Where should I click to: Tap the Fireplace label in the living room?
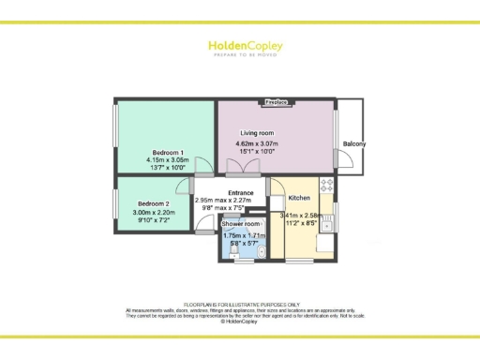tap(277, 100)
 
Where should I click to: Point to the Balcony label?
tap(354, 143)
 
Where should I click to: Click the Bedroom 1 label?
tap(168, 152)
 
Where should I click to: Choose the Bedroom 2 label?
tap(154, 204)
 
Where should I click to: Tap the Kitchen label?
tap(299, 198)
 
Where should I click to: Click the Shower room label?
tap(240, 225)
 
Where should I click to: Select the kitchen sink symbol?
tap(329, 223)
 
